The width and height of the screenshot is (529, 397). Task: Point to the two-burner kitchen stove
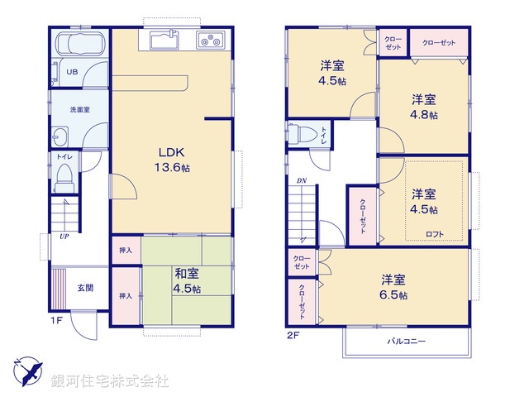tap(210, 39)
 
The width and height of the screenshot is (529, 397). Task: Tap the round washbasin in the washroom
tap(61, 136)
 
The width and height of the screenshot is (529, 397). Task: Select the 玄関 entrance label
tap(85, 288)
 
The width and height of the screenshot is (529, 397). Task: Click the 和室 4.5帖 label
tap(185, 282)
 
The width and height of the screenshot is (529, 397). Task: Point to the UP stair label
tap(63, 236)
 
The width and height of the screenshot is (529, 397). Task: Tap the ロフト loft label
tap(434, 234)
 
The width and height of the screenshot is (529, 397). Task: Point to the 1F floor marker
tap(56, 319)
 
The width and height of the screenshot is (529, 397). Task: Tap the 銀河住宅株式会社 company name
tap(110, 381)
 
